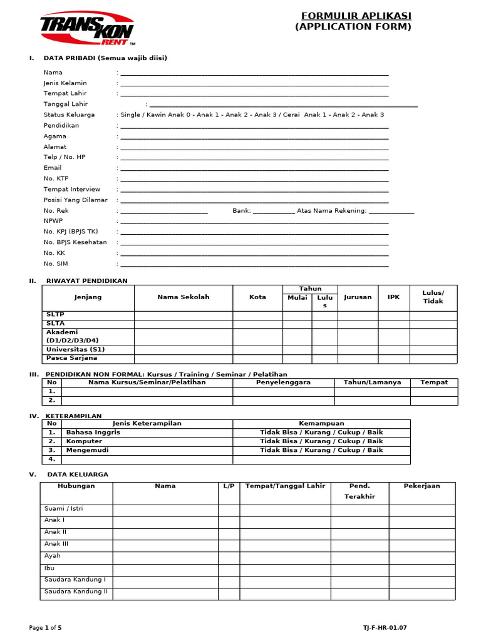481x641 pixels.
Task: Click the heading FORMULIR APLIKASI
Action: pyautogui.click(x=353, y=16)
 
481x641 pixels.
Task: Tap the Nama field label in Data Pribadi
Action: pyautogui.click(x=53, y=73)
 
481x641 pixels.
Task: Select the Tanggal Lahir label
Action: pyautogui.click(x=66, y=104)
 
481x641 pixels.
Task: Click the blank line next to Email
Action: pyautogui.click(x=254, y=168)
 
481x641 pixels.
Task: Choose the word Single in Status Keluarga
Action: pyautogui.click(x=130, y=115)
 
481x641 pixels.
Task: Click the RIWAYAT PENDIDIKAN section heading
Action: pyautogui.click(x=87, y=281)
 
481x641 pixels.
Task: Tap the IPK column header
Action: pyautogui.click(x=393, y=297)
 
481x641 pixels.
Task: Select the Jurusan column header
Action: pyautogui.click(x=358, y=297)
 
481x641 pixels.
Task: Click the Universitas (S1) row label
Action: pyautogui.click(x=72, y=349)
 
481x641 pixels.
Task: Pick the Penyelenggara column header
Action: pyautogui.click(x=283, y=382)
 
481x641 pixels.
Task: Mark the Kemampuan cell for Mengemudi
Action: pyautogui.click(x=321, y=450)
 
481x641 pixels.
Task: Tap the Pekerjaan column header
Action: pyautogui.click(x=422, y=486)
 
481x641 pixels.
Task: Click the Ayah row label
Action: pyautogui.click(x=53, y=556)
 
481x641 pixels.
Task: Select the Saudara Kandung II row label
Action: pyautogui.click(x=76, y=592)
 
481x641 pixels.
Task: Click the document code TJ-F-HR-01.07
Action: pyautogui.click(x=388, y=627)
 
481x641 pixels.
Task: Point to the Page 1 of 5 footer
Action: pyautogui.click(x=46, y=627)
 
